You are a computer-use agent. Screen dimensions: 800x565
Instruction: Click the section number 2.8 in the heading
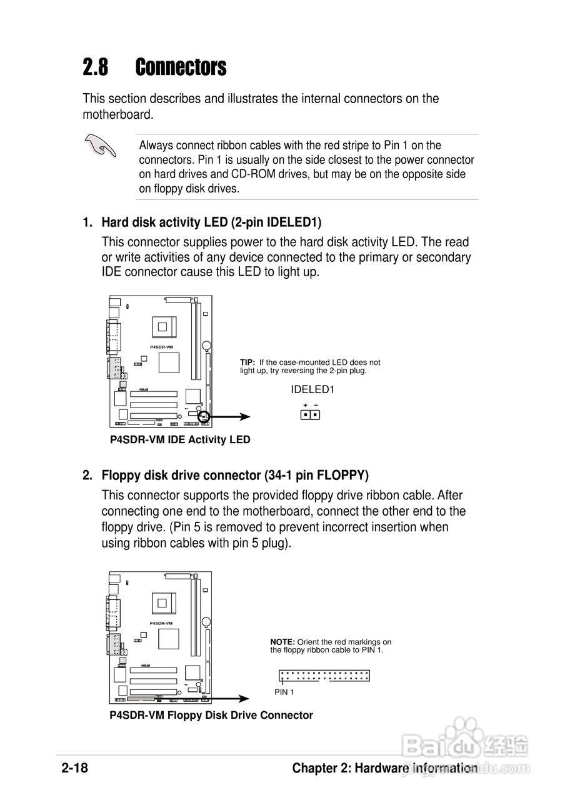click(96, 67)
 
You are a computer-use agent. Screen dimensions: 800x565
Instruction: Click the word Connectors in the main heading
click(181, 67)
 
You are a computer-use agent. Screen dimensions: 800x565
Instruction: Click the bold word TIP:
click(248, 362)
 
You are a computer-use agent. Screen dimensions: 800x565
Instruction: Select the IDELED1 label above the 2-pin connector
click(312, 389)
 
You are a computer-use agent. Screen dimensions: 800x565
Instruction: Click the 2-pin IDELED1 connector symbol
click(310, 414)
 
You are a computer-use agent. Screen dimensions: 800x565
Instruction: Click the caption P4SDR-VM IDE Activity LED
click(180, 439)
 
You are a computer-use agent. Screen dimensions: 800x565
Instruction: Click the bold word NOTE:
click(282, 642)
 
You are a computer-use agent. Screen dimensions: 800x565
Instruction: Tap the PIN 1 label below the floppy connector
click(284, 692)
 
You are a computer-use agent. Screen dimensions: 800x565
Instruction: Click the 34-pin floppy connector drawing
click(324, 676)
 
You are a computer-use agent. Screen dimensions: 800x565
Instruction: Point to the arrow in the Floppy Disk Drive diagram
click(228, 699)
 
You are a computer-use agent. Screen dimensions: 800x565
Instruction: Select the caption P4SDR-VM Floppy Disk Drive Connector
click(211, 715)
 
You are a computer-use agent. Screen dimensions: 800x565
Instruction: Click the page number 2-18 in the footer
click(74, 768)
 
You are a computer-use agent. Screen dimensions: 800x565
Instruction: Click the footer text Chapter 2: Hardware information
click(384, 768)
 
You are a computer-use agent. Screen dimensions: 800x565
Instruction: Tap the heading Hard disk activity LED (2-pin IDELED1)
click(211, 222)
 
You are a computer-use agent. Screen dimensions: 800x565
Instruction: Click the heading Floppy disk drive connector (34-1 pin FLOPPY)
click(234, 475)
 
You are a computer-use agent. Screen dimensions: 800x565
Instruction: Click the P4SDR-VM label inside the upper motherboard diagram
click(161, 346)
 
